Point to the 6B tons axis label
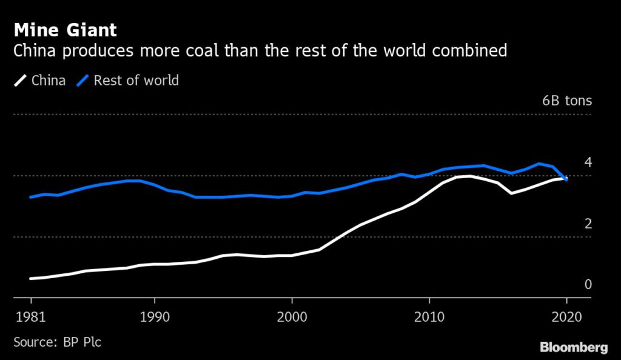point(566,101)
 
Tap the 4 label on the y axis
point(587,162)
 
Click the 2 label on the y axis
point(587,224)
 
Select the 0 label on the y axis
point(587,284)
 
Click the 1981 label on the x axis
point(30,317)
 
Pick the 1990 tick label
point(155,317)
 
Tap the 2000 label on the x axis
point(292,317)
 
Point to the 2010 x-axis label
point(429,317)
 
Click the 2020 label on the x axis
point(566,317)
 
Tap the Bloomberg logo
point(574,347)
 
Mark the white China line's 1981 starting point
point(30,279)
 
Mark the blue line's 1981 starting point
point(30,197)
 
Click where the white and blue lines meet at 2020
point(566,179)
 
